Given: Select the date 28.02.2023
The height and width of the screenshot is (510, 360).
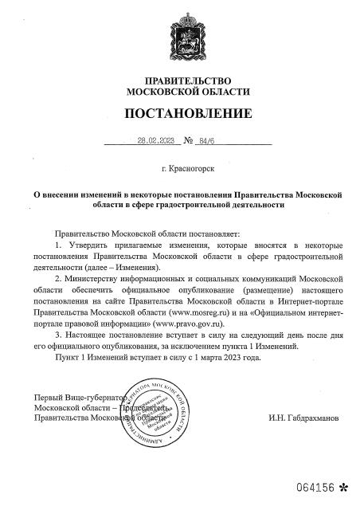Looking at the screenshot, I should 155,141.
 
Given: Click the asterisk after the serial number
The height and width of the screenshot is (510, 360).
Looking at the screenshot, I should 343,486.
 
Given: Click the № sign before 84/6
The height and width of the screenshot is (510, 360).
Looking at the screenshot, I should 190,141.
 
